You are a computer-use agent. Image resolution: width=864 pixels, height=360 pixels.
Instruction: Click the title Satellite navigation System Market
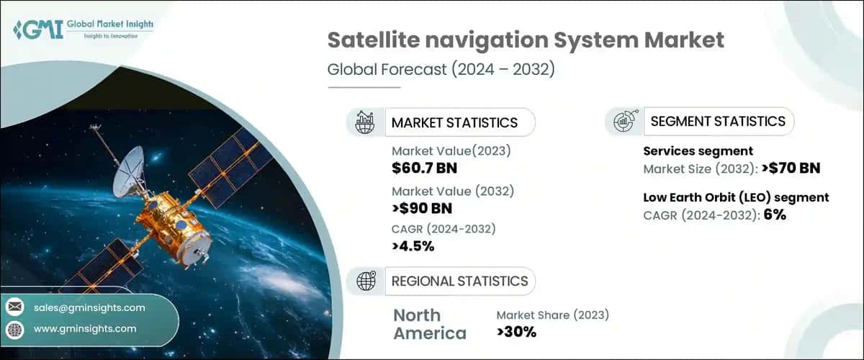pyautogui.click(x=525, y=40)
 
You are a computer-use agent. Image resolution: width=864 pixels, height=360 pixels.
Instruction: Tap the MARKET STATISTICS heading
pyautogui.click(x=454, y=122)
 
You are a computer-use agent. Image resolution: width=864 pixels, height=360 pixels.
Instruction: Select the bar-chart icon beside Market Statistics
pyautogui.click(x=365, y=122)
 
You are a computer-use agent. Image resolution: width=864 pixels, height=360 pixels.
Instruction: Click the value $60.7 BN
pyautogui.click(x=424, y=168)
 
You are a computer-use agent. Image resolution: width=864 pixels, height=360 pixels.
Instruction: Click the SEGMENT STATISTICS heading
pyautogui.click(x=717, y=121)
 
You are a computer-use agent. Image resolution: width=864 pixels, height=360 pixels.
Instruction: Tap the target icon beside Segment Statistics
pyautogui.click(x=624, y=122)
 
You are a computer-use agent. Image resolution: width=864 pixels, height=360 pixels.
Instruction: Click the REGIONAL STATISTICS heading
pyautogui.click(x=459, y=281)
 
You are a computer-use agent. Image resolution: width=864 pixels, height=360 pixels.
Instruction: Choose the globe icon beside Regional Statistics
pyautogui.click(x=365, y=281)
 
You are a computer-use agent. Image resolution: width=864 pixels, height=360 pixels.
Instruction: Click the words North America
pyautogui.click(x=429, y=324)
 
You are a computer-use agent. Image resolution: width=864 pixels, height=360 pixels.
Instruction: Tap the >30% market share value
pyautogui.click(x=516, y=332)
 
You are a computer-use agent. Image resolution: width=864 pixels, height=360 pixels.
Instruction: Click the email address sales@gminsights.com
pyautogui.click(x=89, y=307)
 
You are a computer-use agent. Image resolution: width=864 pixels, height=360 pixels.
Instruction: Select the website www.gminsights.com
pyautogui.click(x=84, y=328)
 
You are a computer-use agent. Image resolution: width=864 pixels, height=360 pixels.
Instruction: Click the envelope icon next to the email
pyautogui.click(x=15, y=307)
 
